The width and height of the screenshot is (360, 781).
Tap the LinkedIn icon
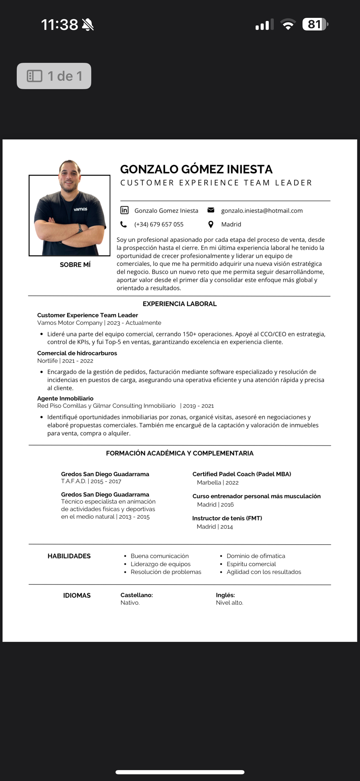pos(124,210)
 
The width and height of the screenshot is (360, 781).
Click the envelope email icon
pos(211,210)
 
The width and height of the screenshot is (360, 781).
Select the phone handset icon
pos(124,224)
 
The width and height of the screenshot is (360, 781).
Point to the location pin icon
pos(211,224)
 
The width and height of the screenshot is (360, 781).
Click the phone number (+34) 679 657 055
pos(159,224)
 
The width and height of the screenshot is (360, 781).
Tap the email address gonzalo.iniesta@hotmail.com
pos(262,211)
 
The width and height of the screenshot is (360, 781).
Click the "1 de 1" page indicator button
pos(54,76)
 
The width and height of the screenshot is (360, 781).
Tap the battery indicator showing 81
pos(315,24)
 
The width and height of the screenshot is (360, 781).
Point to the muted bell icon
pos(88,25)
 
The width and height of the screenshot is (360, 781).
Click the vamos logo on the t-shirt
pos(80,209)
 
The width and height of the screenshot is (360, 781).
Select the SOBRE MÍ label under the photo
pos(75,265)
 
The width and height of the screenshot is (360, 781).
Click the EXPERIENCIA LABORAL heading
pos(180,304)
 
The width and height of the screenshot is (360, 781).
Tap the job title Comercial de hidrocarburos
pos(77,353)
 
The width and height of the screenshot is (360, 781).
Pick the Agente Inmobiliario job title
pos(65,398)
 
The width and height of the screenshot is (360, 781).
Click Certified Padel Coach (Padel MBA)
pos(241,474)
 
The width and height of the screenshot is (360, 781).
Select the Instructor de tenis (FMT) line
pos(227,518)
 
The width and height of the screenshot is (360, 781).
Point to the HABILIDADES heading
pos(69,556)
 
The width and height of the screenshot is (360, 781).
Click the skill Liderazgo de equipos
pos(161,564)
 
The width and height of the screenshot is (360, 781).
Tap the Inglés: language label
pos(225,595)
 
